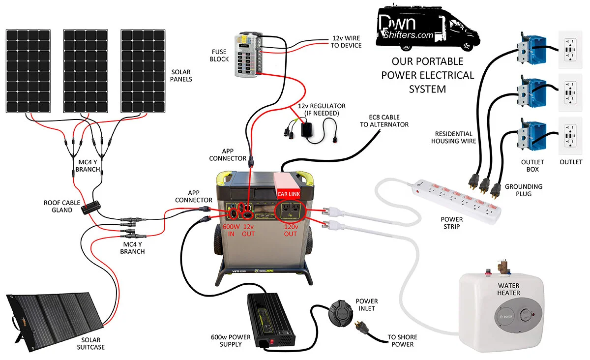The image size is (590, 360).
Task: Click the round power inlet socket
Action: pyautogui.click(x=340, y=311)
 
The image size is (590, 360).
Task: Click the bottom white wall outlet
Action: pyautogui.click(x=570, y=136)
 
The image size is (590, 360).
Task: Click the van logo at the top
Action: pyautogui.click(x=426, y=28)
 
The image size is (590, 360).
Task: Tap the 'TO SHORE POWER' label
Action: pyautogui.click(x=402, y=340)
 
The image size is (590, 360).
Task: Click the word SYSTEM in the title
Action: pyautogui.click(x=427, y=89)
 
